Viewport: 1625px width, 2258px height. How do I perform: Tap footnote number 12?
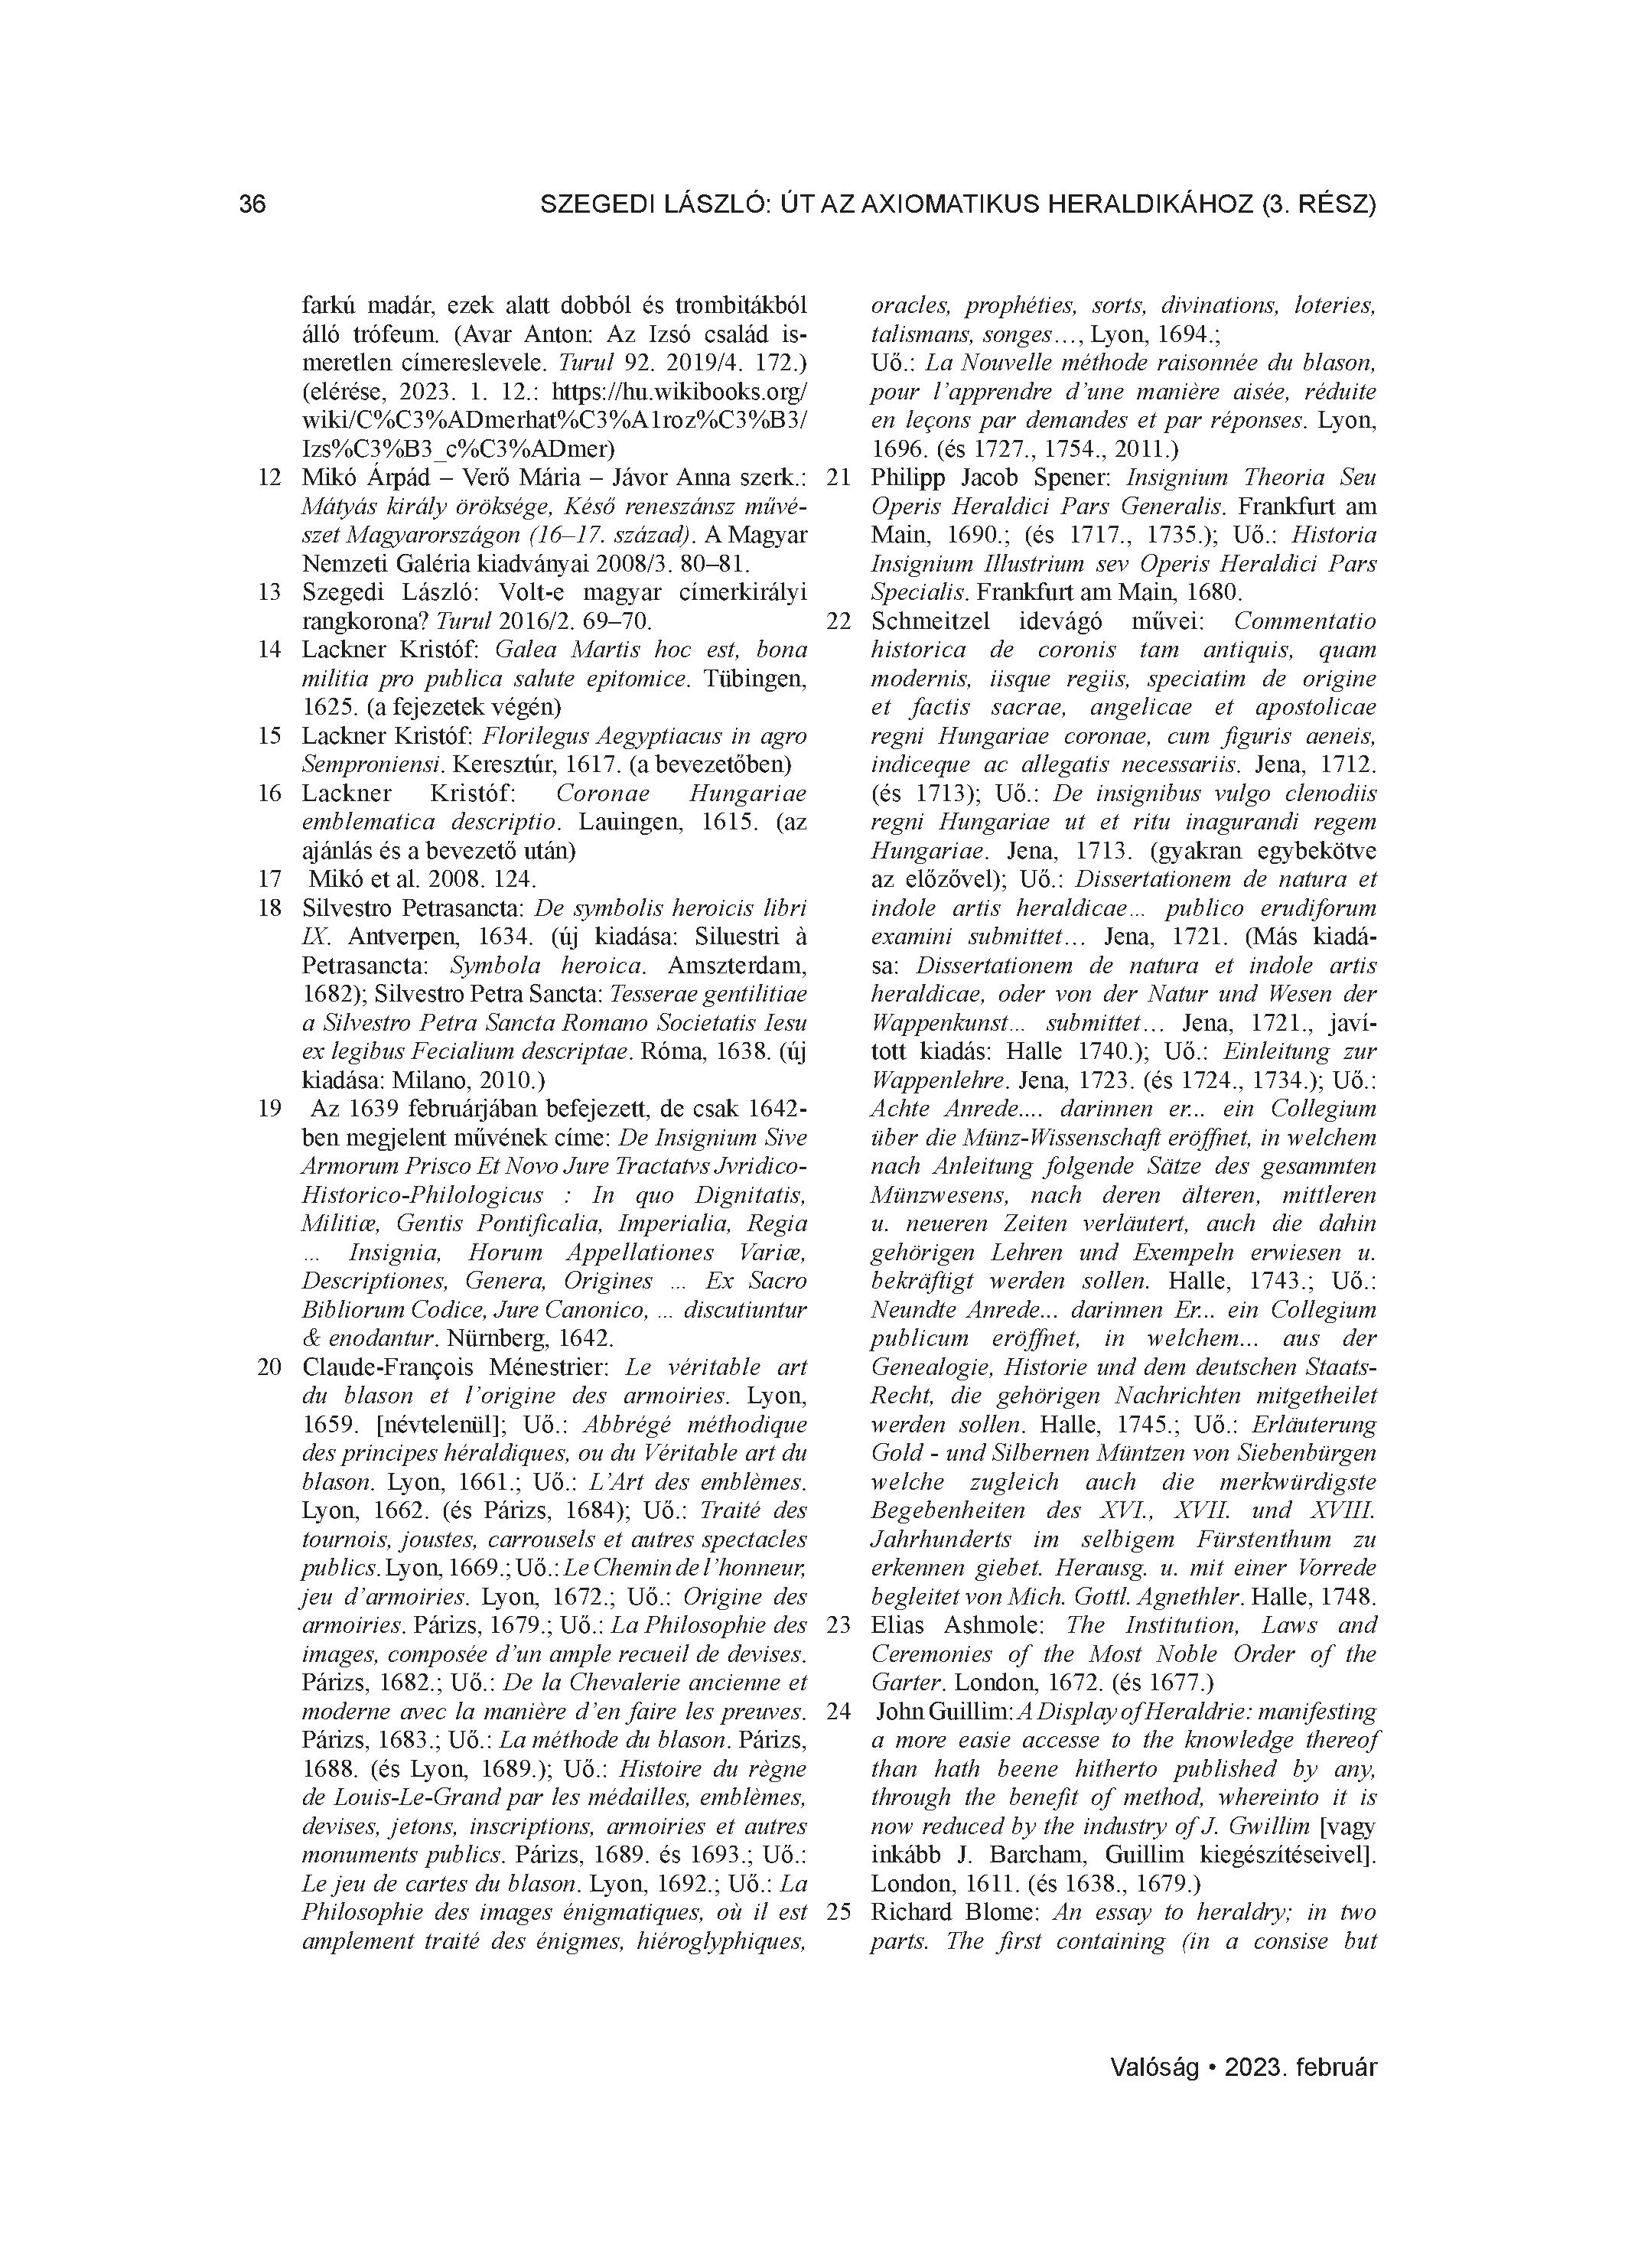269,477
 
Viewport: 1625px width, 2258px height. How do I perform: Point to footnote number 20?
269,1367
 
